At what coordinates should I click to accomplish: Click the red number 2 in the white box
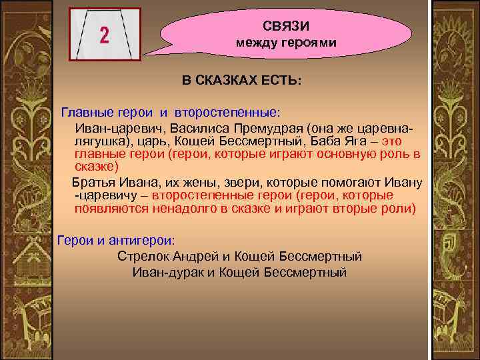[105, 35]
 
